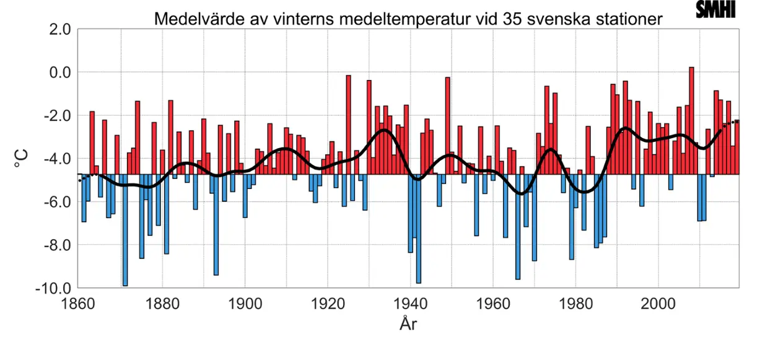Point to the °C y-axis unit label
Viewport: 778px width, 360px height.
coord(21,160)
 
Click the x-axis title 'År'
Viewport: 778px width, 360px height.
coord(408,323)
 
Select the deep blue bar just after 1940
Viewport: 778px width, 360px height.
coord(419,229)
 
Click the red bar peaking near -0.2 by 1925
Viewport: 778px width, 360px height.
coord(349,124)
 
